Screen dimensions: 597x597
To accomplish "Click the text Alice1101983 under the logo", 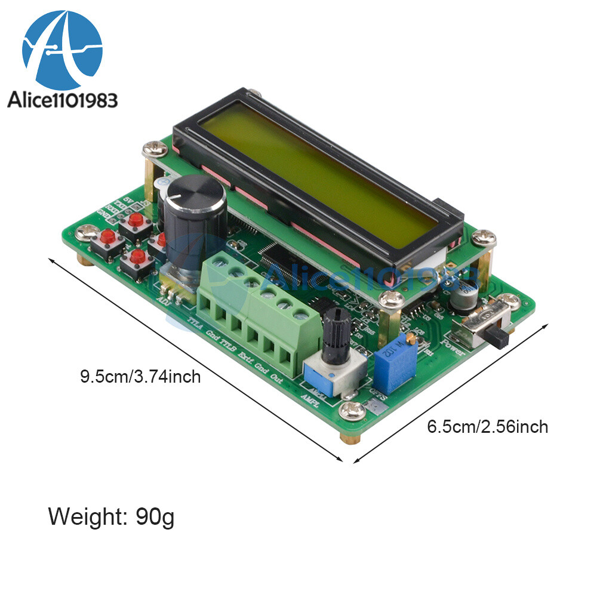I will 62,100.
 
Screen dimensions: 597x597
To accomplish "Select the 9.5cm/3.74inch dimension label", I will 140,377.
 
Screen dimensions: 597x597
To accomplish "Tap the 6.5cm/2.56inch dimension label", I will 487,426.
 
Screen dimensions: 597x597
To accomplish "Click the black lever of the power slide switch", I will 499,338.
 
